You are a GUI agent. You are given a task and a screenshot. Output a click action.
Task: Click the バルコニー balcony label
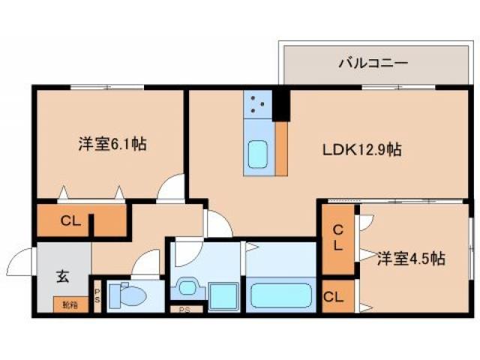(373, 62)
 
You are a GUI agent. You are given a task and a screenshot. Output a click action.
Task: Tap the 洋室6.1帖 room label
(112, 143)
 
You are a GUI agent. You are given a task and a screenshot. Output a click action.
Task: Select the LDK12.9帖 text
(362, 149)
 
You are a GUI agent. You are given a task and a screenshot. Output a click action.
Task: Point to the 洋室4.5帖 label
(410, 259)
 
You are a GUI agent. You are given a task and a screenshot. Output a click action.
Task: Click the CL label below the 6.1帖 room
(70, 221)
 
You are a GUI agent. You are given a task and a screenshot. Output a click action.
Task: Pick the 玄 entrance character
(61, 275)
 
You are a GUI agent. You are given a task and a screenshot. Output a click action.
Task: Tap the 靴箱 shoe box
(70, 304)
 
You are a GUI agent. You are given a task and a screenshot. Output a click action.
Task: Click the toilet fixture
(127, 295)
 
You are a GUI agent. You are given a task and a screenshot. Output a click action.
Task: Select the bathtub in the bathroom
(280, 295)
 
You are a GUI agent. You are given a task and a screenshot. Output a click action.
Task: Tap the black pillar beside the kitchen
(281, 104)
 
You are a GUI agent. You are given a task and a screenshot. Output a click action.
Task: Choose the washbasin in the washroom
(186, 288)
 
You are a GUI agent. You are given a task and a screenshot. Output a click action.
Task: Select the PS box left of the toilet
(97, 295)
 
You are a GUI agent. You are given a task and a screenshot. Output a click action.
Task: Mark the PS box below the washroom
(184, 309)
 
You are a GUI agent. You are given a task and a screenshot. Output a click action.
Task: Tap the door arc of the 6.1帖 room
(172, 187)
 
